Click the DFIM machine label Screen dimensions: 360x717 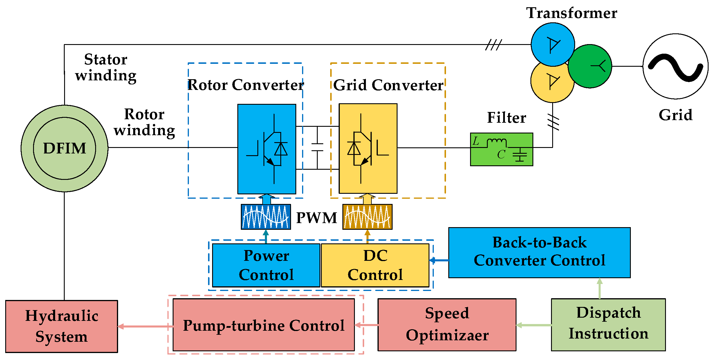[x=64, y=148]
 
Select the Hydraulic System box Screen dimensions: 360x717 [x=62, y=326]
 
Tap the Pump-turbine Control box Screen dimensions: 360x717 [x=263, y=325]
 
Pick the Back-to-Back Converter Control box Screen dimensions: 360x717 [x=539, y=252]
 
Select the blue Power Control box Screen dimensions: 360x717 [x=266, y=265]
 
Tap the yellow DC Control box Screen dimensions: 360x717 [x=375, y=265]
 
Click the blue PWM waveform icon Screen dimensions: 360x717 [x=266, y=217]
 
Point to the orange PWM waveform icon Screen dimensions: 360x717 [x=367, y=217]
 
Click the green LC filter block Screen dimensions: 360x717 [x=501, y=149]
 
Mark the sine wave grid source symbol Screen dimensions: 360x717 [x=676, y=66]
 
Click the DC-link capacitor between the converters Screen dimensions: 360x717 [x=317, y=147]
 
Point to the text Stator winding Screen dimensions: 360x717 [x=106, y=67]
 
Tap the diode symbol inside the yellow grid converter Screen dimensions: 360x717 [x=354, y=149]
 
